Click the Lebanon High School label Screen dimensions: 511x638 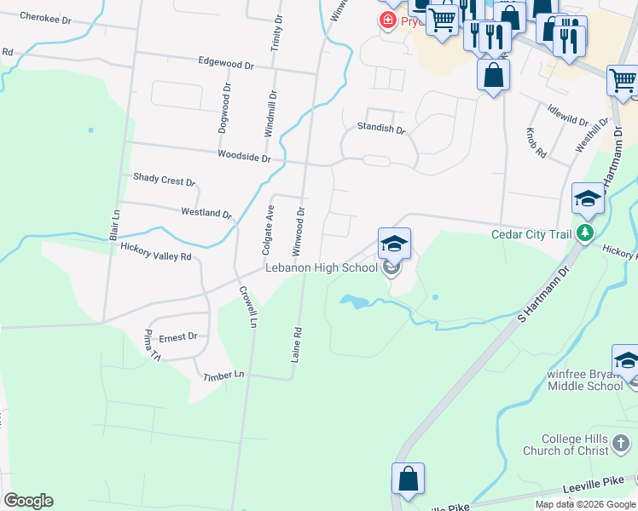[321, 267]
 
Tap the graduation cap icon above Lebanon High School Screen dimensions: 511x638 [394, 244]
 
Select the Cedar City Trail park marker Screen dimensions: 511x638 [584, 233]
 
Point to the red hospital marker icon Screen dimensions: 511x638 [388, 20]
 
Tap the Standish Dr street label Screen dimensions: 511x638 [381, 129]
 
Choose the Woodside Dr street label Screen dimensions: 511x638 [244, 157]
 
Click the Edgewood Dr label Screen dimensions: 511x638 [226, 64]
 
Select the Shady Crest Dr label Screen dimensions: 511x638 [165, 180]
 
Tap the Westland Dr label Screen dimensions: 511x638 [206, 212]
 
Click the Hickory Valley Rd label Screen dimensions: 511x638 [156, 252]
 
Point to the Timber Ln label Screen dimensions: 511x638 [223, 375]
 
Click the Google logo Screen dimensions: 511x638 [28, 501]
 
